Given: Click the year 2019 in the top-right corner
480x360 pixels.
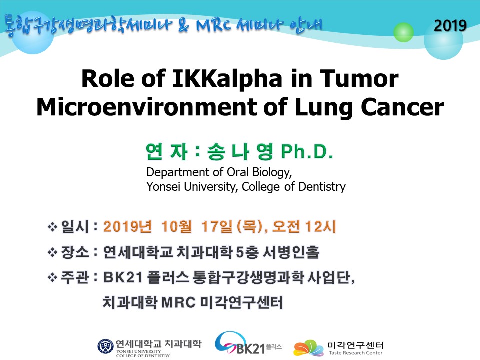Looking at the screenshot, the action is pyautogui.click(x=450, y=25).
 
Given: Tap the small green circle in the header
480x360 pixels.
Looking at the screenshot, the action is pyautogui.click(x=403, y=32).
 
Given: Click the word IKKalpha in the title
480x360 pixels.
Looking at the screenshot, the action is pyautogui.click(x=227, y=79).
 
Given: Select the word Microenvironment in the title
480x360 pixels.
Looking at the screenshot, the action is pyautogui.click(x=147, y=107).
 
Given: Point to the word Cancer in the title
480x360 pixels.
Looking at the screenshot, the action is pyautogui.click(x=402, y=107).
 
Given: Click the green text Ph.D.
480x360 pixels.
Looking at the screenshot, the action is pyautogui.click(x=307, y=152).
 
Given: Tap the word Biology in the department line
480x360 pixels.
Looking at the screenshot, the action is pyautogui.click(x=272, y=172).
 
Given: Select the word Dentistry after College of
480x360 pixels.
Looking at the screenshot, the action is pyautogui.click(x=322, y=186).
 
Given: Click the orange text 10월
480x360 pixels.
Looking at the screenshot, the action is pyautogui.click(x=176, y=227).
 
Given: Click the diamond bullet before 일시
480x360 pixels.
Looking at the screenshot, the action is pyautogui.click(x=52, y=227).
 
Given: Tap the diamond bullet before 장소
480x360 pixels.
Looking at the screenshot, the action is pyautogui.click(x=52, y=253).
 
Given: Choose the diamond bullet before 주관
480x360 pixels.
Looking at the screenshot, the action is pyautogui.click(x=52, y=278).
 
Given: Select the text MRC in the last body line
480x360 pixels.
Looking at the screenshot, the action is pyautogui.click(x=178, y=303).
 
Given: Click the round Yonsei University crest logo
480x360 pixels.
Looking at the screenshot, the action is pyautogui.click(x=105, y=347).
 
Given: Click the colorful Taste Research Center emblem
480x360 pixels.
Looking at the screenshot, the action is pyautogui.click(x=308, y=348).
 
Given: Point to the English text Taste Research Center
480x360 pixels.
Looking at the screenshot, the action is pyautogui.click(x=355, y=353).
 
